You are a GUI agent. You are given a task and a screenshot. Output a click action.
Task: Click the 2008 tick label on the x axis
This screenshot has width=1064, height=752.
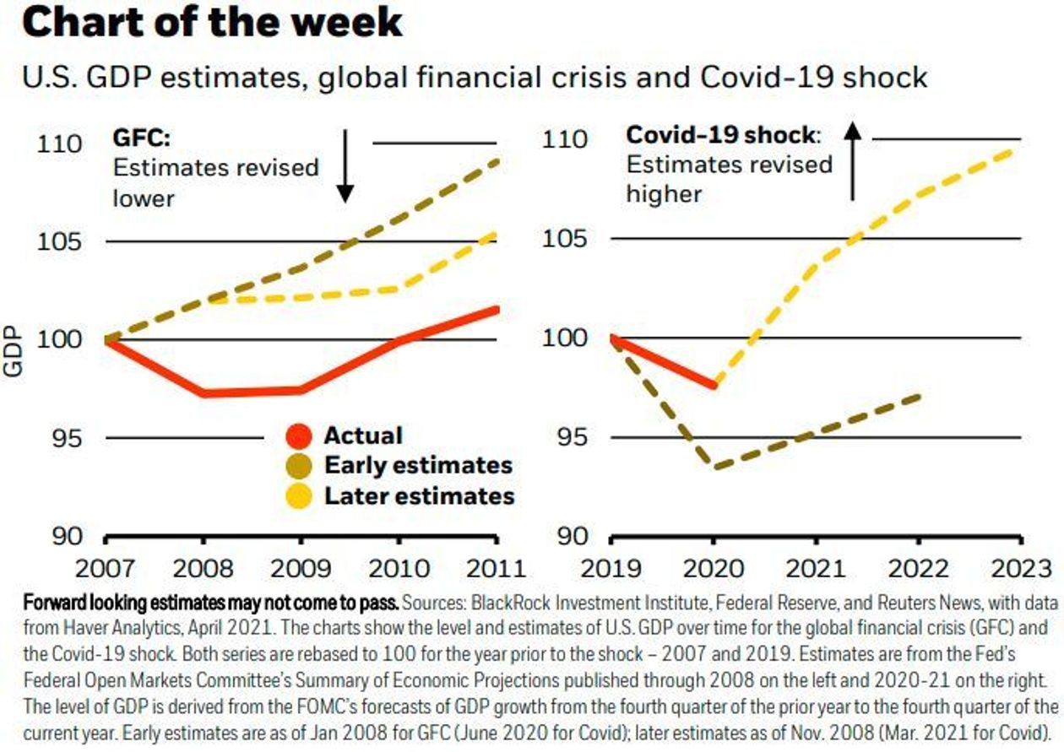[203, 566]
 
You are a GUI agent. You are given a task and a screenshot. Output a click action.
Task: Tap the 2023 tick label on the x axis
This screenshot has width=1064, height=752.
[1018, 566]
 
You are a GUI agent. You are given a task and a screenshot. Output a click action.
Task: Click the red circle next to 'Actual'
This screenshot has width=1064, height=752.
[300, 437]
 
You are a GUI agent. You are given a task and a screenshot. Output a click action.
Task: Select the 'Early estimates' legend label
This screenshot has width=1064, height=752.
[418, 465]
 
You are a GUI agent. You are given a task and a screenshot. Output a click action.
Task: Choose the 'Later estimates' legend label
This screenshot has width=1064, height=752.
[419, 495]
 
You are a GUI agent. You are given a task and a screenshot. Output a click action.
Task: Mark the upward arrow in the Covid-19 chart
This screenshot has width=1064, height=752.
[852, 160]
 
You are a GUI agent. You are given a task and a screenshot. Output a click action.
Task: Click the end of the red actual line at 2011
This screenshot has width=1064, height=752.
[497, 309]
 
